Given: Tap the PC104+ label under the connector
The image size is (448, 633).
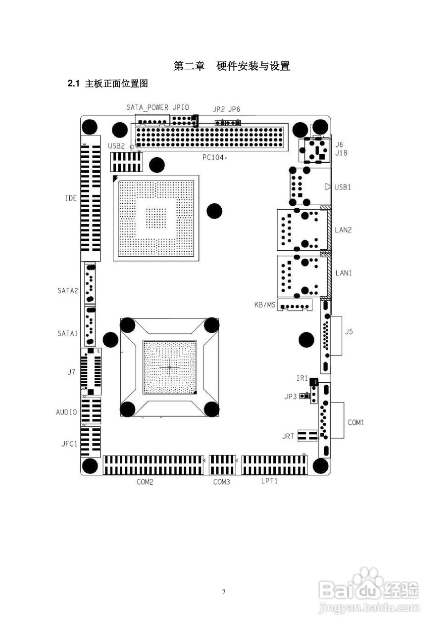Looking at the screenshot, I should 214,158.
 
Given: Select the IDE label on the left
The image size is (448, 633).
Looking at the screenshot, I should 71,198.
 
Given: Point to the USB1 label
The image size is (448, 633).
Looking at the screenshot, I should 343,187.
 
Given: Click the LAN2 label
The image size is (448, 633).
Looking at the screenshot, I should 343,230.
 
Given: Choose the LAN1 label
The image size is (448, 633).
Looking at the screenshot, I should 343,272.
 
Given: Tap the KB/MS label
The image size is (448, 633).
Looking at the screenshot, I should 264,305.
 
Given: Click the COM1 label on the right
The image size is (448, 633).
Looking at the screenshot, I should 355,423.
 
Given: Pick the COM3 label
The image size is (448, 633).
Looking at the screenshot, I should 221,482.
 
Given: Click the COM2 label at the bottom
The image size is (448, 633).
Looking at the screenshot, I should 145,482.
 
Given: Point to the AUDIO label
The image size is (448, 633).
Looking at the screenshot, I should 66,412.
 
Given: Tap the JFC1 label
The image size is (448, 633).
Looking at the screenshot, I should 68,444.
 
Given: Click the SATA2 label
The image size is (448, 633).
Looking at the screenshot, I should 68,291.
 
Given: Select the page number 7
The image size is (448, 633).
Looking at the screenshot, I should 224,591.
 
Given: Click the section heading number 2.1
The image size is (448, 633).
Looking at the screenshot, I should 73,84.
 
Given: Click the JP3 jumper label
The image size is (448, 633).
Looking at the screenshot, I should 291,397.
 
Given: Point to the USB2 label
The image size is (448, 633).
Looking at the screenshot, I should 116,146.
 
